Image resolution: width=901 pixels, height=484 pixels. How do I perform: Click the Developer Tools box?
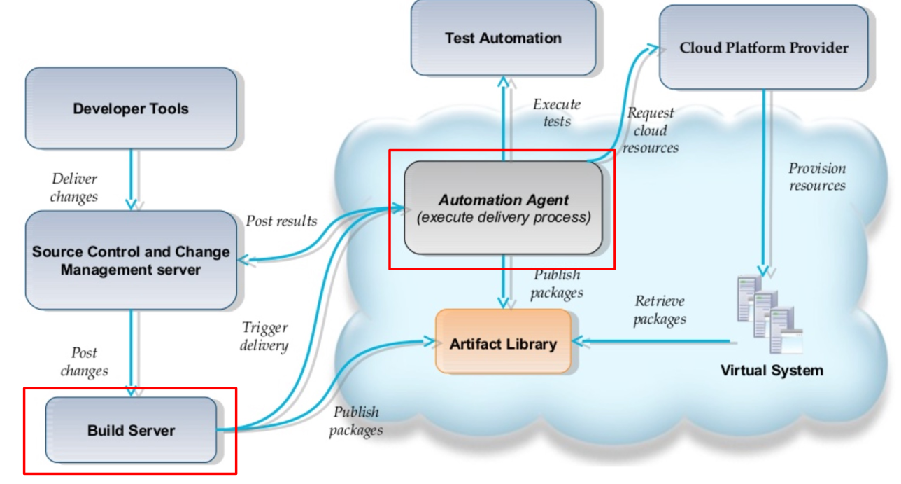click(x=131, y=109)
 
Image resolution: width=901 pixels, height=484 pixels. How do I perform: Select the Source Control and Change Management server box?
click(x=131, y=261)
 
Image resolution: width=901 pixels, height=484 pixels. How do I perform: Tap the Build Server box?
click(x=131, y=430)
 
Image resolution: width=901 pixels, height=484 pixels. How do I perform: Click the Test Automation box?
click(x=503, y=38)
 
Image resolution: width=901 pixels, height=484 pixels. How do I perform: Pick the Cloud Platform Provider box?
click(x=763, y=48)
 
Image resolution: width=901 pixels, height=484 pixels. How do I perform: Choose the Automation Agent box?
click(x=503, y=208)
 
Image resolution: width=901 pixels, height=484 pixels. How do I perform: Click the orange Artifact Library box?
click(x=503, y=343)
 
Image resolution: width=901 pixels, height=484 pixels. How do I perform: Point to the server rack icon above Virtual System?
click(x=768, y=316)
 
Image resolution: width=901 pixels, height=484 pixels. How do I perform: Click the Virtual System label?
click(x=772, y=370)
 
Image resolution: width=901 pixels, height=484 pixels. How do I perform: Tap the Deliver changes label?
click(x=74, y=188)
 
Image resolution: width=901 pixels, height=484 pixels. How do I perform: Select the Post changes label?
click(x=84, y=361)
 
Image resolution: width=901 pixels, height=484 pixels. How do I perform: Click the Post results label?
click(x=281, y=221)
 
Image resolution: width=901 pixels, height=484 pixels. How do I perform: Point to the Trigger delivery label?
click(x=264, y=336)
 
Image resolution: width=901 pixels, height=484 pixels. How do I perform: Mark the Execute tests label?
click(x=557, y=112)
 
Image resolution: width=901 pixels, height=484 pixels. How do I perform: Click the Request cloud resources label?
click(x=651, y=130)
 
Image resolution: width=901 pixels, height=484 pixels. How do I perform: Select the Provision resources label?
click(x=817, y=177)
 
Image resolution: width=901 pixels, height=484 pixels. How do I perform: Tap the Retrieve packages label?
click(x=660, y=310)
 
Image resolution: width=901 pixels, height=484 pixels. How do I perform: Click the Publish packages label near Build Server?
click(x=355, y=421)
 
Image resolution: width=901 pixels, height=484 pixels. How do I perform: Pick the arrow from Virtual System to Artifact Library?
click(x=654, y=343)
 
